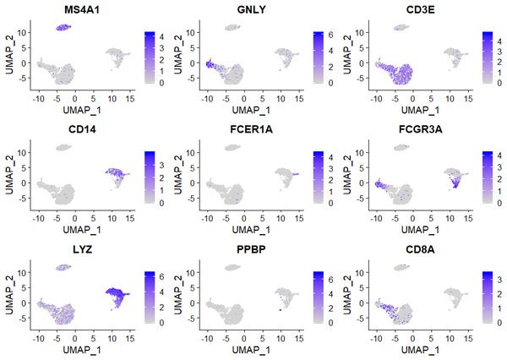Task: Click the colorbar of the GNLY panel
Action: [x=318, y=59]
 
